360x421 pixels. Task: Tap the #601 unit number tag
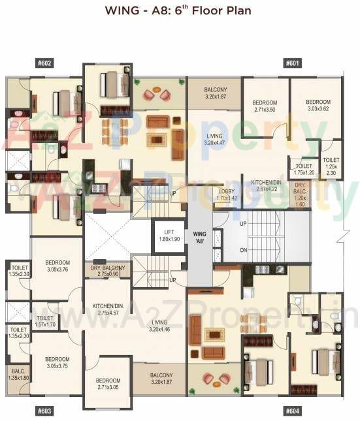click(293, 63)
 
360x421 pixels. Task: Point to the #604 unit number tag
click(293, 411)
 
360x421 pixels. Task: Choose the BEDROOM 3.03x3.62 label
click(318, 106)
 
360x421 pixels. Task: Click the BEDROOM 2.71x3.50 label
click(265, 106)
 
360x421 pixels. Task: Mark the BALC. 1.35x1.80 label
click(18, 373)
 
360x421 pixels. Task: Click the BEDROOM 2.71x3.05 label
click(108, 384)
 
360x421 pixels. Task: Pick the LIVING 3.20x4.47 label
click(214, 139)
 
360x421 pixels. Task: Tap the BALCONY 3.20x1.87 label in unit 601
click(214, 93)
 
